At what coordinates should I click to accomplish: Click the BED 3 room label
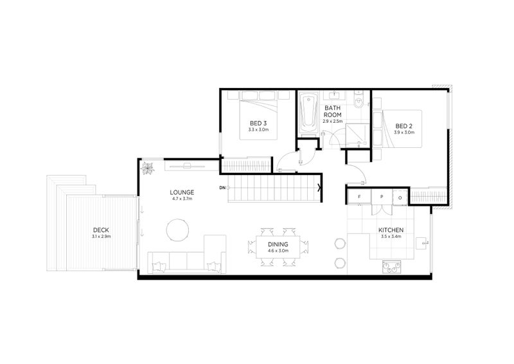(258, 123)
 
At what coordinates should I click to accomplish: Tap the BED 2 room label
(404, 126)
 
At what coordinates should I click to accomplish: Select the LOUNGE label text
(182, 192)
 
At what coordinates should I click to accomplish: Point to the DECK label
(101, 230)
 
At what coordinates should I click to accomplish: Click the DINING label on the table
(278, 244)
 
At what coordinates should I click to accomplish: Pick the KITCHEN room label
(391, 230)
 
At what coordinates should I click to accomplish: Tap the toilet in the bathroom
(359, 100)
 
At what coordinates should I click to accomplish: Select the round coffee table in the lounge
(178, 230)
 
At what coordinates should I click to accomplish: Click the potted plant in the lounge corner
(148, 168)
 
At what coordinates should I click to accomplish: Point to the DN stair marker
(222, 188)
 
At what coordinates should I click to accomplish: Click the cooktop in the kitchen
(392, 267)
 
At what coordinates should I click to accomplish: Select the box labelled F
(359, 197)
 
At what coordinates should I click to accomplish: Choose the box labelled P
(382, 197)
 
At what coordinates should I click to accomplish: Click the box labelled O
(400, 197)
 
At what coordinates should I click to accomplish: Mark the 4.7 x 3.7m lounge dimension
(181, 199)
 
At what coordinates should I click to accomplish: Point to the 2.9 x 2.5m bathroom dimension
(332, 121)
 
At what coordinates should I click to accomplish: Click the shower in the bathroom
(358, 136)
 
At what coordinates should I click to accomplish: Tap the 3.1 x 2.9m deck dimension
(102, 236)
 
